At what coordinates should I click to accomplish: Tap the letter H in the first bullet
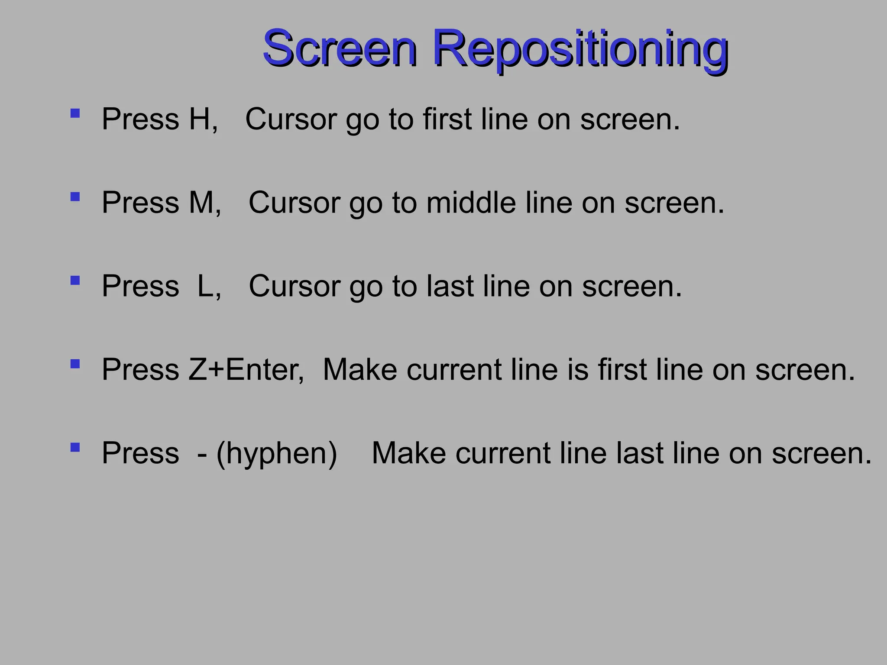(200, 119)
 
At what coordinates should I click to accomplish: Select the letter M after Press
(201, 203)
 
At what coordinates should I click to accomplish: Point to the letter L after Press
(205, 286)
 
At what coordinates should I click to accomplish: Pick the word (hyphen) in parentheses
(276, 454)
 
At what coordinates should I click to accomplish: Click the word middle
(471, 203)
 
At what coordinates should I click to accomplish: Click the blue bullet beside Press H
(75, 113)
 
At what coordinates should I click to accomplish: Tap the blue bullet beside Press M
(75, 197)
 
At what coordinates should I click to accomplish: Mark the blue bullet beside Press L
(75, 281)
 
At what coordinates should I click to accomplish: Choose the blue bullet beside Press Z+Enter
(75, 364)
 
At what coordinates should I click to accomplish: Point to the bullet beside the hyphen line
(75, 447)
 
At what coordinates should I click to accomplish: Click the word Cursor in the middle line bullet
(295, 203)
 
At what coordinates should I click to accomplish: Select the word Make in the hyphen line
(409, 453)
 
